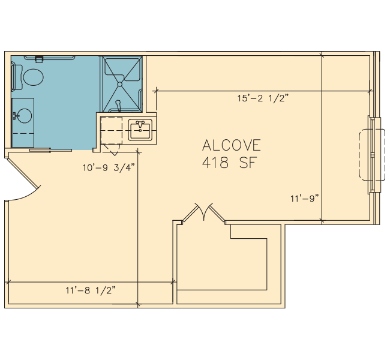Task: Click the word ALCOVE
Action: (232, 145)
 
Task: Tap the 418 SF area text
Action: (229, 163)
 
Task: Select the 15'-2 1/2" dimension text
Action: (263, 98)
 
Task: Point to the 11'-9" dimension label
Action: (305, 199)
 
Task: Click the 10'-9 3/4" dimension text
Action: (109, 167)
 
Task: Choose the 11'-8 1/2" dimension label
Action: (91, 290)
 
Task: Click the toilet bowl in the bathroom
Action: (34, 77)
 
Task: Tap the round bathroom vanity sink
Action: (24, 116)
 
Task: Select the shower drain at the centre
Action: (119, 84)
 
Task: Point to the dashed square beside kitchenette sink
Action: (111, 130)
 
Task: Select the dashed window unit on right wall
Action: (372, 154)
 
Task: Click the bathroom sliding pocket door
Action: (51, 150)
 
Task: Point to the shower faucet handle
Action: (118, 105)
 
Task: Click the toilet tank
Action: (17, 77)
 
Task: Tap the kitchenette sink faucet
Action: (140, 124)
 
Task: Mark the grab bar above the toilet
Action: (49, 58)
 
